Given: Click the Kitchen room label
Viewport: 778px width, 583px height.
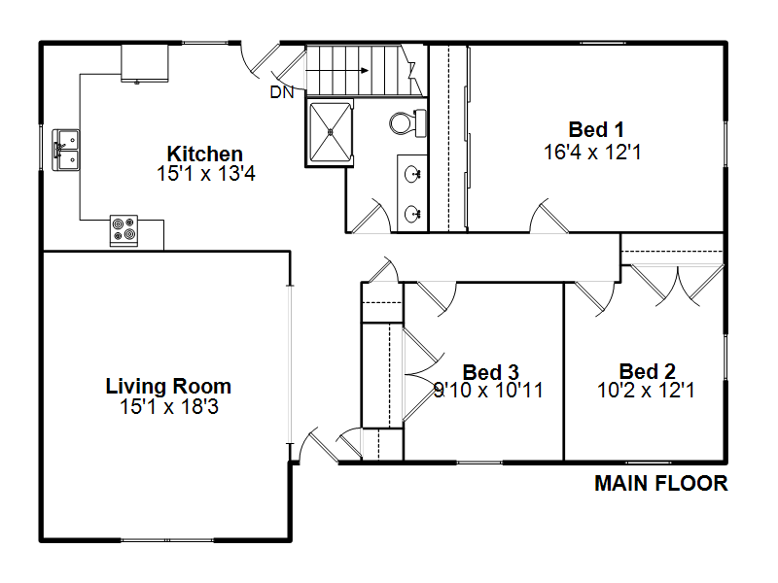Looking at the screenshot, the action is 204,154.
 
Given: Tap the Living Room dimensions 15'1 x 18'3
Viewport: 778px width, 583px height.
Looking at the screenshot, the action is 168,407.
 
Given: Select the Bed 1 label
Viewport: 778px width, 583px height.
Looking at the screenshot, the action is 596,130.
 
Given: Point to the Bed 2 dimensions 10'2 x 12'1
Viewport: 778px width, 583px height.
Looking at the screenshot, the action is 646,391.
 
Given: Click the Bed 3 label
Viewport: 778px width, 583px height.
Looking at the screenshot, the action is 490,372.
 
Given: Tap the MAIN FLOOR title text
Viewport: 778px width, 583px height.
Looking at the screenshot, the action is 661,483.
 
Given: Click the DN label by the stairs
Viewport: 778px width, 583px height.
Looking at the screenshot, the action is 282,92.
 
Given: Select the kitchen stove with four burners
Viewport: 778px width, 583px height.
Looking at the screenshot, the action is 124,230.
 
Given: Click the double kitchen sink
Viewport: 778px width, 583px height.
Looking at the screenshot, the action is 65,150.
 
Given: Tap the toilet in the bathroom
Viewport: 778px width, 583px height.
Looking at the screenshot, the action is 407,123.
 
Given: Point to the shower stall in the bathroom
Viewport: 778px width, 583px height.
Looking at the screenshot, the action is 330,131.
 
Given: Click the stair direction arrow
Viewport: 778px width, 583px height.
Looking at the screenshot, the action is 336,70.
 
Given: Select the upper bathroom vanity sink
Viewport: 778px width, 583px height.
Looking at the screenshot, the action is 412,174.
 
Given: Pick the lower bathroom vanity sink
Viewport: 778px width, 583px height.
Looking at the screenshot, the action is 412,214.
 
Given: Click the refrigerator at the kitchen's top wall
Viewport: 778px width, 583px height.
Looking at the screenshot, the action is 145,63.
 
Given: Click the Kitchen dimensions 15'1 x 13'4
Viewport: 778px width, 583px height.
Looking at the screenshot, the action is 206,174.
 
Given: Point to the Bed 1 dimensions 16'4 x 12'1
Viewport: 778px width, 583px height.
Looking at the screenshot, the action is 592,153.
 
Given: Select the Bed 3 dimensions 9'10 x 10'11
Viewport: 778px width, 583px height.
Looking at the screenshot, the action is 488,391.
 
